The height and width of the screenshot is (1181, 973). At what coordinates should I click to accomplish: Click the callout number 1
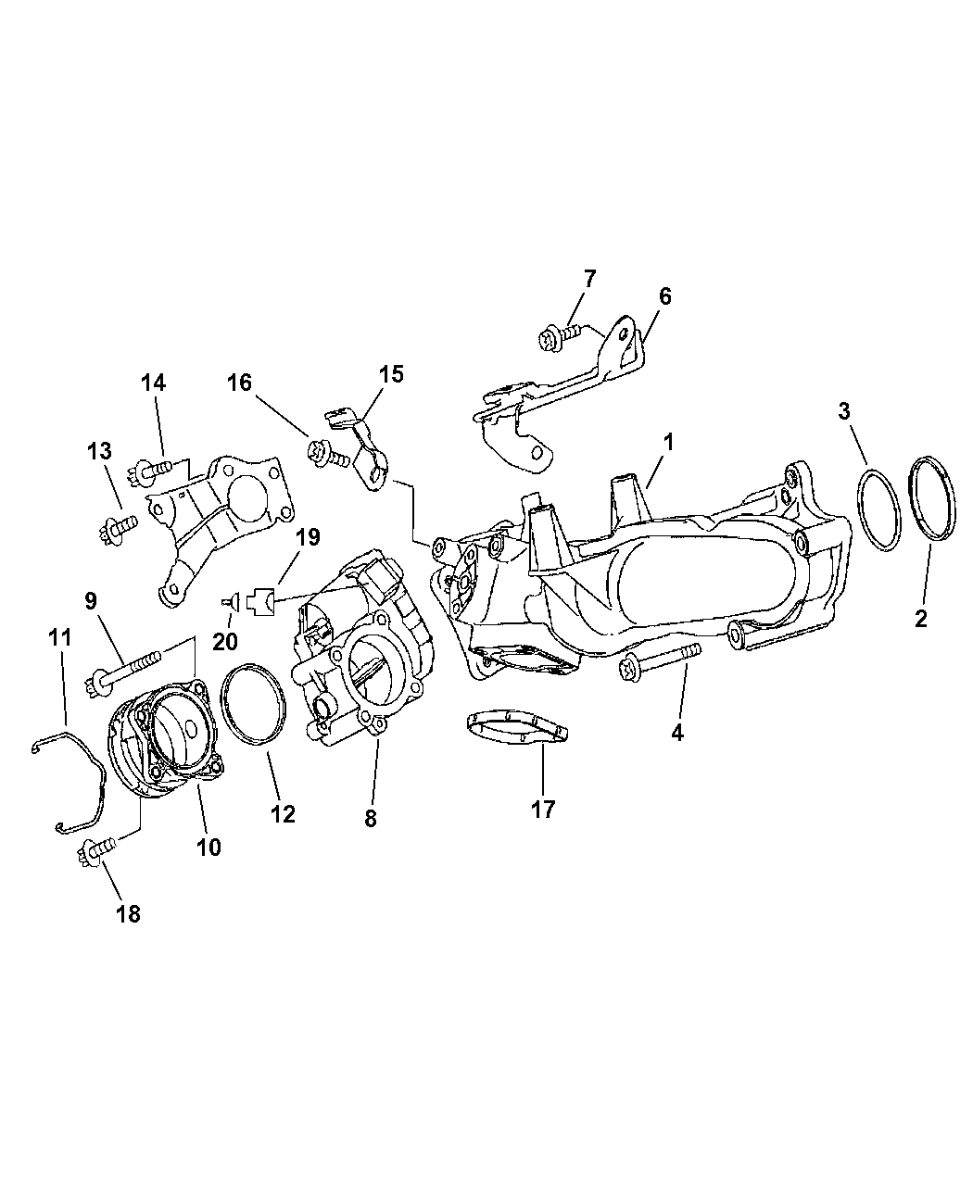(668, 442)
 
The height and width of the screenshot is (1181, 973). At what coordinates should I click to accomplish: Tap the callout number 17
(543, 810)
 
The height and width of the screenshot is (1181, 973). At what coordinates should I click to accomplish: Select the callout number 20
(224, 641)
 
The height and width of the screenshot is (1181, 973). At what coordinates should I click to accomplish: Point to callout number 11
(60, 638)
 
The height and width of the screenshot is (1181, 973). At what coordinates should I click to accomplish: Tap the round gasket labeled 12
(253, 704)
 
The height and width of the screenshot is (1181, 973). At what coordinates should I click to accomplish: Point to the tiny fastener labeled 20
(231, 600)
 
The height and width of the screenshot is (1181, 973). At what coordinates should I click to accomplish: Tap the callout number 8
(371, 819)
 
